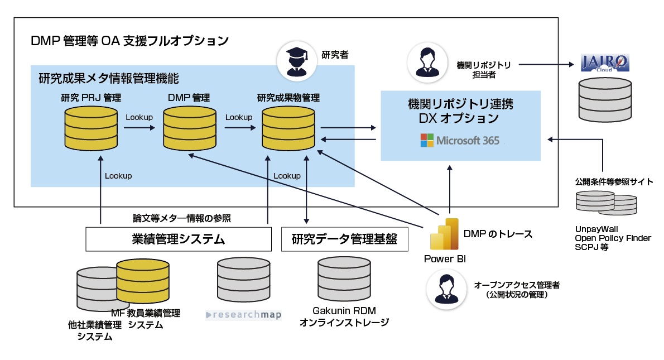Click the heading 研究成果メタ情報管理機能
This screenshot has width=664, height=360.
108,78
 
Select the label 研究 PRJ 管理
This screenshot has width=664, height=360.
91,98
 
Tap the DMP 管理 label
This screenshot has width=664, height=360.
189,98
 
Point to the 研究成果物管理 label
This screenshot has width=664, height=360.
288,98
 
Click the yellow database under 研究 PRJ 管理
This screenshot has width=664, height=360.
91,128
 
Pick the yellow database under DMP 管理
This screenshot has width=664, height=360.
189,128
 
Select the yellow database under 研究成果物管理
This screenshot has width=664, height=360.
288,128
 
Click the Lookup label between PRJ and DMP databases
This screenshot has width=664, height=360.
139,117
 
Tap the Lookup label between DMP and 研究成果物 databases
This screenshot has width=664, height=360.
239,117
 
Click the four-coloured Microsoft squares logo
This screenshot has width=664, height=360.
427,140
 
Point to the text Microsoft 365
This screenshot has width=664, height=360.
468,140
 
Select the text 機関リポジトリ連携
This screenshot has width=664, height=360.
460,104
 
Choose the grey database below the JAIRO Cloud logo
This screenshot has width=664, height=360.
605,99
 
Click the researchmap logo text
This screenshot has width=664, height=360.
244,315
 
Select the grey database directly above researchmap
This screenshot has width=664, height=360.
243,279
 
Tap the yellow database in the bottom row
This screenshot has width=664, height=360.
142,281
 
